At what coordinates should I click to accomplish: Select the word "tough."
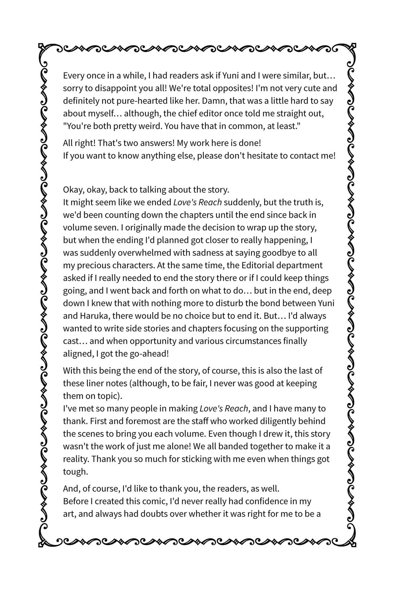pos(76,472)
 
